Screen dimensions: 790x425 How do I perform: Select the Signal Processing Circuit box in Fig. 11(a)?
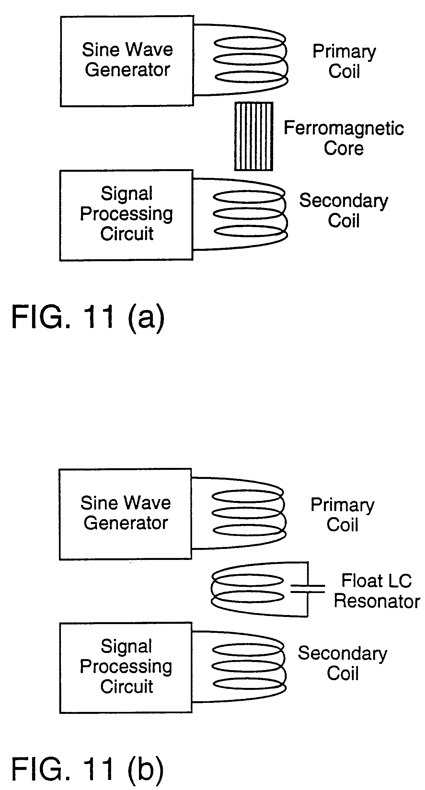[126, 215]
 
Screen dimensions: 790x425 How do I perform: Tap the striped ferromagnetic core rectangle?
[254, 136]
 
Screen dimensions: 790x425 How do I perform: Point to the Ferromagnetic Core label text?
[344, 138]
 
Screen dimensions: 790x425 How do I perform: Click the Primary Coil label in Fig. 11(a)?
[344, 61]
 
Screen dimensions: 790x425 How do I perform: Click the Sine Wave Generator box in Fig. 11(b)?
[125, 514]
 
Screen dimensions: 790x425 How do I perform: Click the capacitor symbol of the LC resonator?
[307, 589]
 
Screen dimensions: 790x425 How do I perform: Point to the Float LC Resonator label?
[376, 591]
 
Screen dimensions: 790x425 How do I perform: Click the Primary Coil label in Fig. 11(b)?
[342, 515]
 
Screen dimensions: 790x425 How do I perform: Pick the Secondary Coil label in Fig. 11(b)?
[342, 663]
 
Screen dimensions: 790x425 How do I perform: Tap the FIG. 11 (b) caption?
[87, 769]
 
